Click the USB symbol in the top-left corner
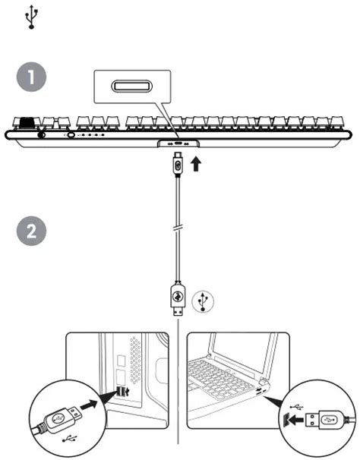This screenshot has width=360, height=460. coord(30,17)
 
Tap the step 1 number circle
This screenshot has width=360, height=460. coord(31,78)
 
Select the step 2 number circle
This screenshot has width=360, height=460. coord(31,232)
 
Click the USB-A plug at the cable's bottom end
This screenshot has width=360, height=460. coord(178,303)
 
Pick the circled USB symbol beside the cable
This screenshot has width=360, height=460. coord(201,301)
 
